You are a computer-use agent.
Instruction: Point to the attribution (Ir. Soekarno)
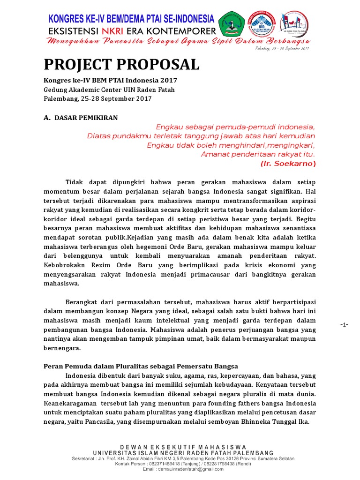coord(288,164)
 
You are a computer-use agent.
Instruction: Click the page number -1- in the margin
coord(345,325)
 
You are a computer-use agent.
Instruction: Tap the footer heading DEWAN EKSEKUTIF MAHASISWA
coord(183,448)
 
